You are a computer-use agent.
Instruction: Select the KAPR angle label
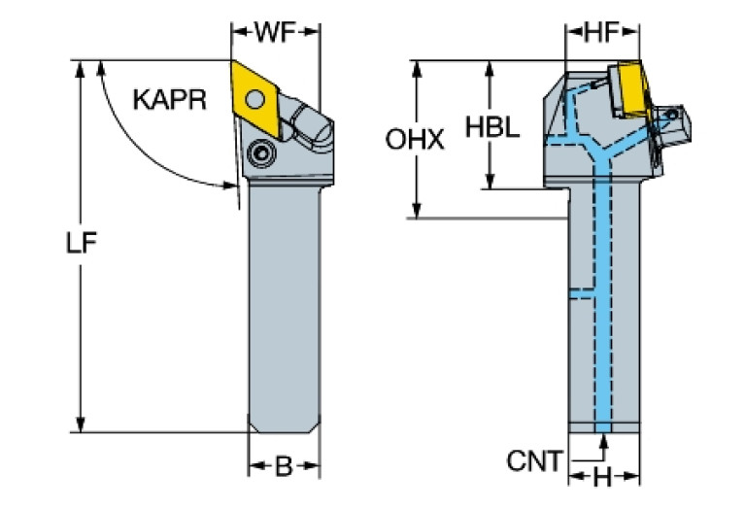click(170, 99)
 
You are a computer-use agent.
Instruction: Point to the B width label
click(283, 467)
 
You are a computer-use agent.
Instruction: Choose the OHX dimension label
click(415, 141)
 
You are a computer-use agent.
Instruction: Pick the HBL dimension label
click(493, 126)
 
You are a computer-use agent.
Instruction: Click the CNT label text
click(533, 461)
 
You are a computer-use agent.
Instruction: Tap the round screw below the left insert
click(259, 153)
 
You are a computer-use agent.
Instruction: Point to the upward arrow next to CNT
click(604, 445)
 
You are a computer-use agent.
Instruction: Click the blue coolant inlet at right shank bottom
click(604, 426)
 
